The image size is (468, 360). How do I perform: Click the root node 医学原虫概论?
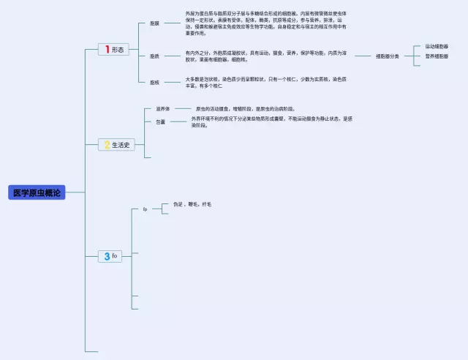pyautogui.click(x=37, y=192)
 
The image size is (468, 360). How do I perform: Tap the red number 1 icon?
pyautogui.click(x=107, y=49)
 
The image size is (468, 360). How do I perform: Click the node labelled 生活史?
pyautogui.click(x=121, y=145)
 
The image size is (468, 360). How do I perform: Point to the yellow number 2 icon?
pyautogui.click(x=107, y=145)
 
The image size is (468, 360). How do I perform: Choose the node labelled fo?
pyautogui.click(x=115, y=256)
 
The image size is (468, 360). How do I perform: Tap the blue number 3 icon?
pyautogui.click(x=107, y=256)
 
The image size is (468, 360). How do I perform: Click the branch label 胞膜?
pyautogui.click(x=154, y=23)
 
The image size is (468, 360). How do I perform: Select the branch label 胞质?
pyautogui.click(x=154, y=56)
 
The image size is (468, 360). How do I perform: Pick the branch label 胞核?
pyautogui.click(x=154, y=82)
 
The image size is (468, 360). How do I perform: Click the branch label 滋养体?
pyautogui.click(x=162, y=108)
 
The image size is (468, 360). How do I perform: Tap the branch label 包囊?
pyautogui.click(x=160, y=121)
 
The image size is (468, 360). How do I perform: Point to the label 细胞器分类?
pyautogui.click(x=388, y=56)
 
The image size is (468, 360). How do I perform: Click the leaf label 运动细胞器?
pyautogui.click(x=437, y=46)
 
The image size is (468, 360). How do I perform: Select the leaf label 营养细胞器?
pyautogui.click(x=437, y=56)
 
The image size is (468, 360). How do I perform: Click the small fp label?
pyautogui.click(x=145, y=209)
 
